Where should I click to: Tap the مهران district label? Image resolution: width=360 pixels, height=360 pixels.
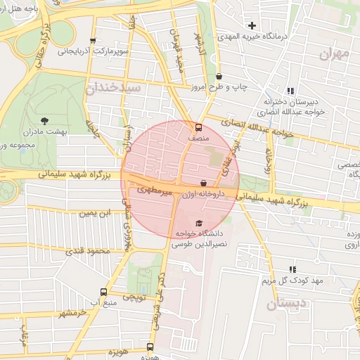point(334,53)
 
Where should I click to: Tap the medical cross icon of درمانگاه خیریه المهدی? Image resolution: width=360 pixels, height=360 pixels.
point(252,26)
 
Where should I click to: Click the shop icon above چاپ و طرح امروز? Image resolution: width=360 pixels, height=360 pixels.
point(219,76)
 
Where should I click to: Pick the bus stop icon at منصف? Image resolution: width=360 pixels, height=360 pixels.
point(198,128)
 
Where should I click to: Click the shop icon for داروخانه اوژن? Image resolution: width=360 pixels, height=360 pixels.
point(204,183)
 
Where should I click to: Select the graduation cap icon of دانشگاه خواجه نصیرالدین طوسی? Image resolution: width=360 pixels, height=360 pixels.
point(188,224)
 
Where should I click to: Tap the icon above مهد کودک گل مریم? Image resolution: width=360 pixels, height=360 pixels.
point(292,270)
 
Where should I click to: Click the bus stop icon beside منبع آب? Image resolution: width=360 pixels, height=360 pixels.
point(104,292)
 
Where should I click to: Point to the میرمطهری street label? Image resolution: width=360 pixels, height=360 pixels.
point(149,189)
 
